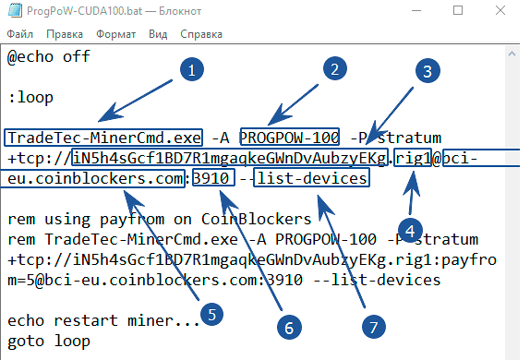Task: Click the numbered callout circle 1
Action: point(191,69)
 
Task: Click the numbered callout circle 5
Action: point(211,314)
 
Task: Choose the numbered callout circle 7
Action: point(370,326)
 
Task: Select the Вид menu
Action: point(158,33)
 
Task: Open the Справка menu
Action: point(201,33)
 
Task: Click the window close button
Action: point(509,10)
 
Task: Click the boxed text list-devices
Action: point(313,177)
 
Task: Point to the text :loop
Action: point(30,96)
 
